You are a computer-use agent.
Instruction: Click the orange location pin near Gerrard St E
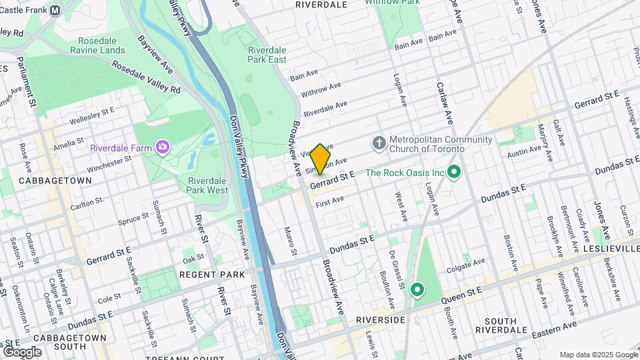pyautogui.click(x=320, y=159)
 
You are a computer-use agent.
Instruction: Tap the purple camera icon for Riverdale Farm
pyautogui.click(x=162, y=146)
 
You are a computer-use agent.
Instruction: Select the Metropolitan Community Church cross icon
pyautogui.click(x=379, y=143)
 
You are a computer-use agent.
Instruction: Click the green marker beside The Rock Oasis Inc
pyautogui.click(x=455, y=173)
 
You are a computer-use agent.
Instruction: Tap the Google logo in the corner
pyautogui.click(x=22, y=351)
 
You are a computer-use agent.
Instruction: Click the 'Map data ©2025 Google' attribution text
pyautogui.click(x=597, y=354)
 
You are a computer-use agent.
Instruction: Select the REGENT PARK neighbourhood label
pyautogui.click(x=212, y=274)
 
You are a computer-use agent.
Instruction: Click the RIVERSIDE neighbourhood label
pyautogui.click(x=381, y=320)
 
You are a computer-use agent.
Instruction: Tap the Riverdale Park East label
pyautogui.click(x=267, y=55)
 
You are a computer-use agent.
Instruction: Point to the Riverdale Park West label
pyautogui.click(x=207, y=185)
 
